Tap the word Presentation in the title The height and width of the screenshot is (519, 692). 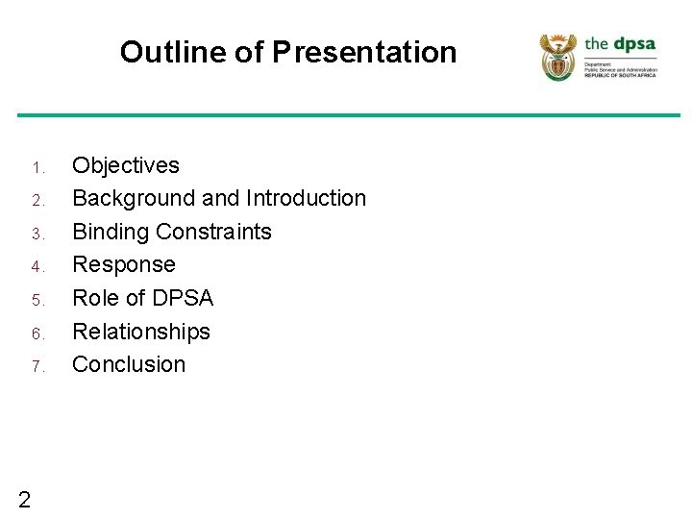364,52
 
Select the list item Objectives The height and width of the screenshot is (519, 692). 126,165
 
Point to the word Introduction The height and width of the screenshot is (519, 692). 306,198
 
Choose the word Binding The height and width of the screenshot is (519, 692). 111,232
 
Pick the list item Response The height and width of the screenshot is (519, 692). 124,264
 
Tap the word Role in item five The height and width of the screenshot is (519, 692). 95,298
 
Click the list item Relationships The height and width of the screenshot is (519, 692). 141,332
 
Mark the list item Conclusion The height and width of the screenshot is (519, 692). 129,364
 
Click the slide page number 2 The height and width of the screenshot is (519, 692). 24,498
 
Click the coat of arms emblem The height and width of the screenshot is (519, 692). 557,57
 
